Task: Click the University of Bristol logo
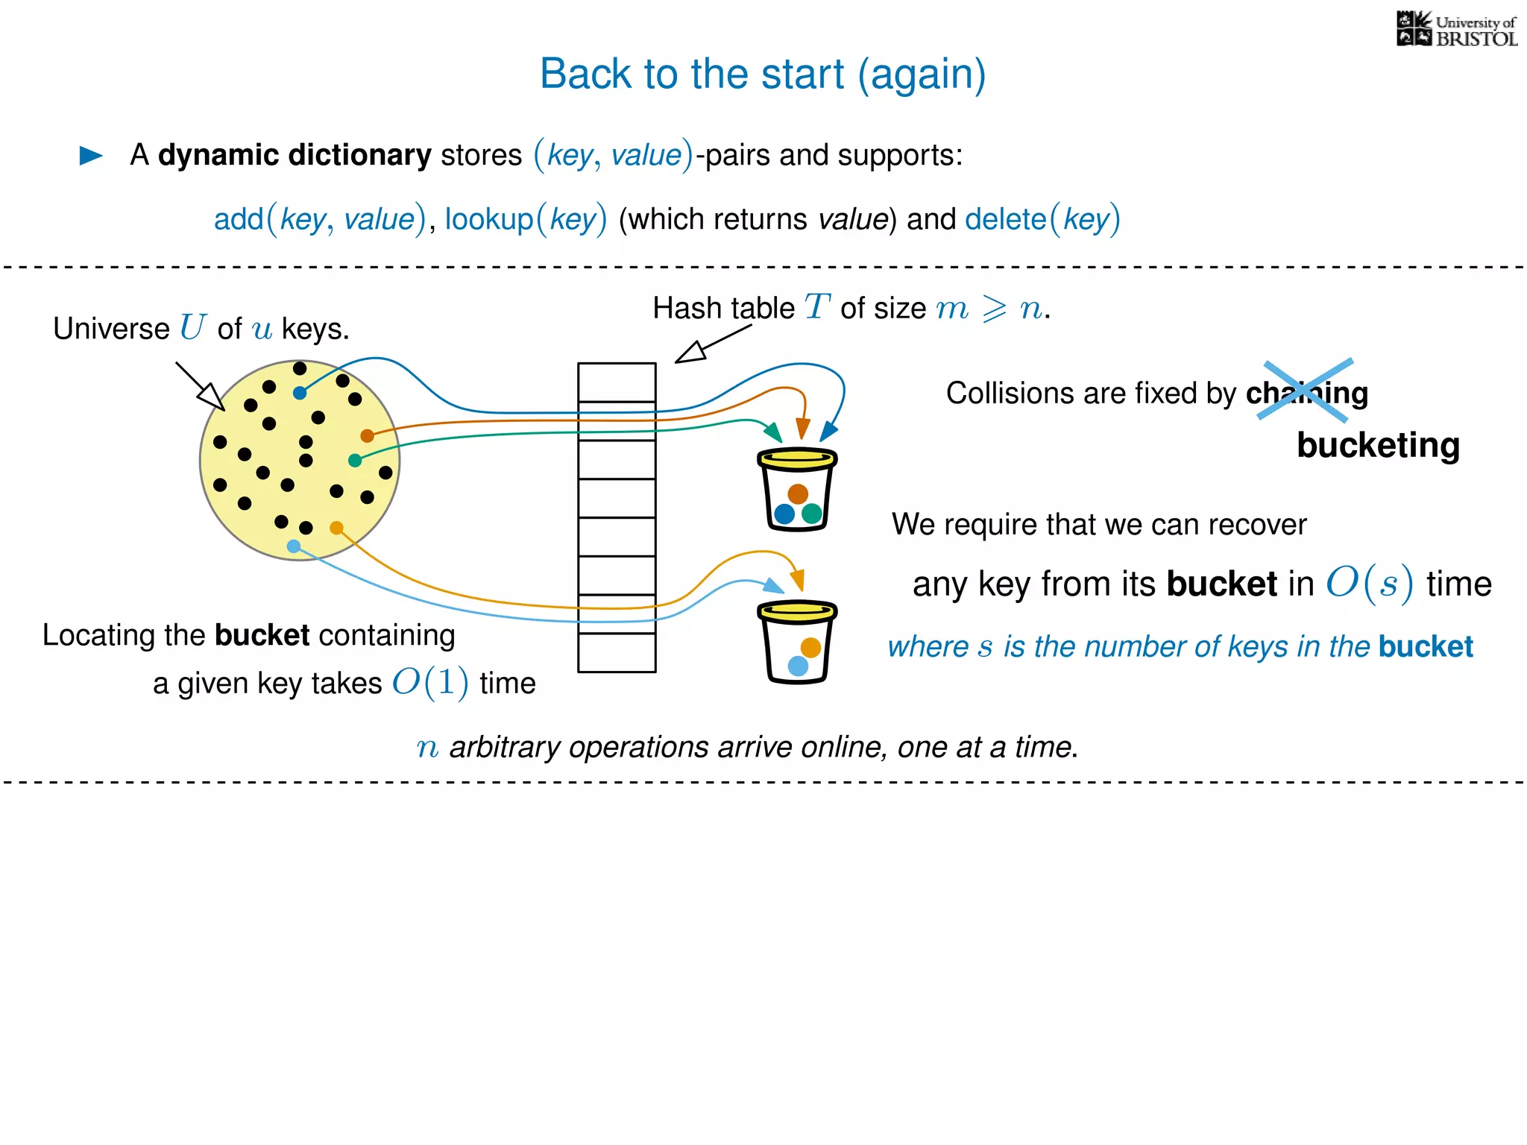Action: click(1456, 30)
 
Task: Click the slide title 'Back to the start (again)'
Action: click(763, 74)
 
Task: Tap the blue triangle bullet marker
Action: click(91, 155)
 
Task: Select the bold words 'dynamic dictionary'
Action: click(295, 155)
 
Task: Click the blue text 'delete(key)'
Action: click(1042, 219)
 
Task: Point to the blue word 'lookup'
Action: click(489, 219)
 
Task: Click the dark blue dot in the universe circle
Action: click(300, 393)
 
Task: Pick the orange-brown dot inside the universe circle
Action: click(367, 435)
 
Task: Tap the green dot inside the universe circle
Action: click(355, 461)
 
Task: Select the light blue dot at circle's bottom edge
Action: click(294, 546)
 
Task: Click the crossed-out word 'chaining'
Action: click(1306, 393)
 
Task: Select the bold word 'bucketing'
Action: click(1378, 445)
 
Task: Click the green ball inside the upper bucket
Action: click(812, 513)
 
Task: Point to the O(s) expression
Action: click(1369, 583)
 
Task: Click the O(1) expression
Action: click(430, 682)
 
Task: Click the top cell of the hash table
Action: click(617, 382)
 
